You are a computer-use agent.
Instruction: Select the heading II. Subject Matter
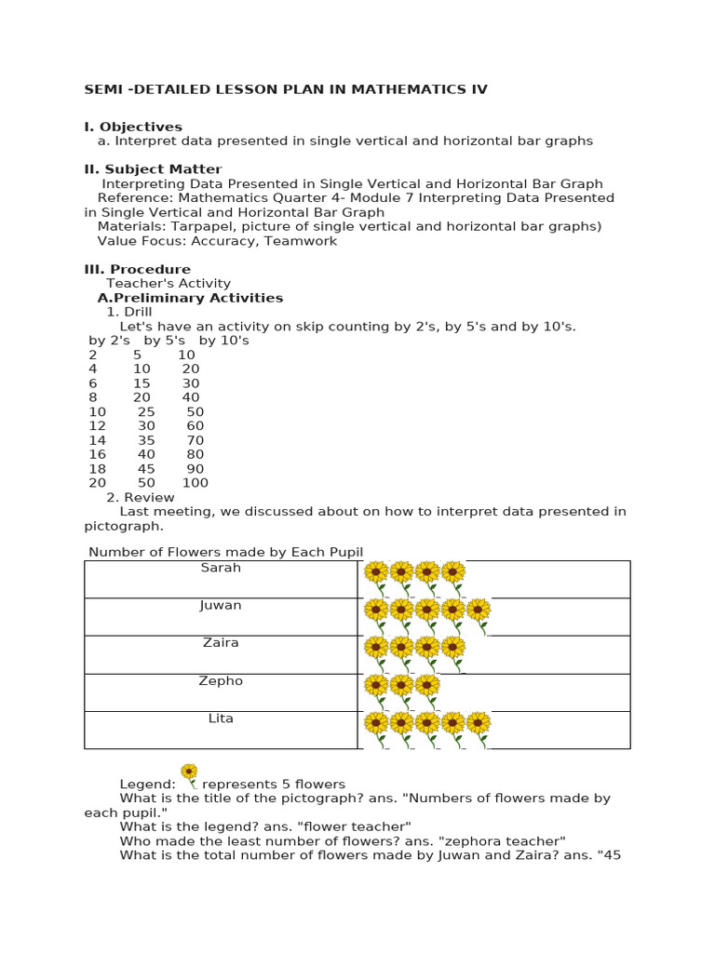click(153, 169)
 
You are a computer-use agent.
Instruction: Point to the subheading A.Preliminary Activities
click(190, 298)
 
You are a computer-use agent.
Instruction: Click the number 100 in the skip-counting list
click(196, 483)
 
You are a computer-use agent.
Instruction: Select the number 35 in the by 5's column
click(146, 440)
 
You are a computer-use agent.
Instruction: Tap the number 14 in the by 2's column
click(97, 440)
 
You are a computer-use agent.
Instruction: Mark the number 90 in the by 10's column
click(195, 469)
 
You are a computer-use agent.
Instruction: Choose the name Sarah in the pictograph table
click(221, 568)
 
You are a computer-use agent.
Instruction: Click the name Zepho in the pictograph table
click(221, 681)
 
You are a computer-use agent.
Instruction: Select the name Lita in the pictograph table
click(221, 718)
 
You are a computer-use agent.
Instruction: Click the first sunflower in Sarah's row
click(376, 574)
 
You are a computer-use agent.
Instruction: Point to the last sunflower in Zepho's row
click(427, 688)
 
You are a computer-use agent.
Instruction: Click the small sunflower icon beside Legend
click(189, 773)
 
